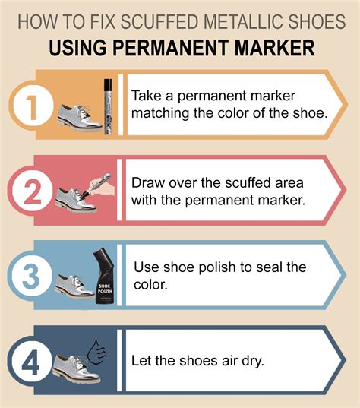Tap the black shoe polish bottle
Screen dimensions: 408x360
tap(103, 277)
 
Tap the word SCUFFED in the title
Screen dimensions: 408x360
tap(144, 21)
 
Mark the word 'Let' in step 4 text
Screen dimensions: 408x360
tap(144, 360)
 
